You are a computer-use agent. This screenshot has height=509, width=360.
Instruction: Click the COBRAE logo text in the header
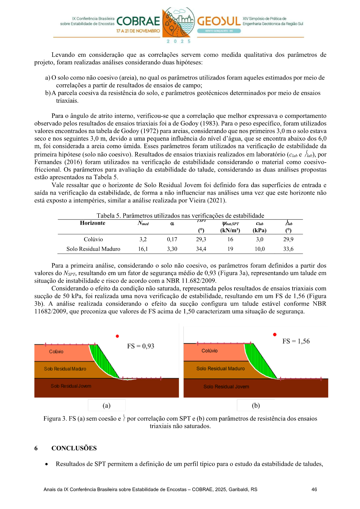pos(138,21)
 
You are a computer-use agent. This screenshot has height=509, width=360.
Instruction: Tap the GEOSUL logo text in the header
pos(219,21)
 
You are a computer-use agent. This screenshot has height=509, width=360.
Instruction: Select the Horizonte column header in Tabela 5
pos(92,223)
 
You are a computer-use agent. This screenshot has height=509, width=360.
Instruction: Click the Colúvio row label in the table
pos(93,239)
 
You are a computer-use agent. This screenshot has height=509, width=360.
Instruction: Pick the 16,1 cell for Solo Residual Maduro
pos(143,249)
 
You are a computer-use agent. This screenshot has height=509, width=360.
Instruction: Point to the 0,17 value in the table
pos(172,239)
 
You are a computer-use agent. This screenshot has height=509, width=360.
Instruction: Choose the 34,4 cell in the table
pos(201,249)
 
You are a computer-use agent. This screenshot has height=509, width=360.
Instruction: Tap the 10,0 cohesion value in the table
pos(259,249)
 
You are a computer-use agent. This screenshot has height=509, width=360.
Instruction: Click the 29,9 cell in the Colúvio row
pos(288,239)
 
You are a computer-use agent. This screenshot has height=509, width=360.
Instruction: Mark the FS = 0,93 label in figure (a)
pos(141,346)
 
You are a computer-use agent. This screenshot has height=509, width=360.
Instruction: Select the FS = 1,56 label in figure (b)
pos(296,341)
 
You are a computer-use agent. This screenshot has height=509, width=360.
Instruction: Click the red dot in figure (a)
pos(117,336)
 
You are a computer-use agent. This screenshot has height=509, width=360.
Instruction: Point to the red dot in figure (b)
pos(275,335)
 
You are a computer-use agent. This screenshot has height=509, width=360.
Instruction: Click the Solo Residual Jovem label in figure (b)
pos(226,387)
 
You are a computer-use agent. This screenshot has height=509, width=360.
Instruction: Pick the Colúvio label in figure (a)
pos(56,352)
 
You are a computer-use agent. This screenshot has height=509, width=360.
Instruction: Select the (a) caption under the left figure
pos(106,406)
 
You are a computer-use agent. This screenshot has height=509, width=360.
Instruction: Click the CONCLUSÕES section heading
pos(74,448)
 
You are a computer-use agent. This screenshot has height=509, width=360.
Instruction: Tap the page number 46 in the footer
pos(314,489)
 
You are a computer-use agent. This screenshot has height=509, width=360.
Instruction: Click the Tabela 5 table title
pos(180,216)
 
